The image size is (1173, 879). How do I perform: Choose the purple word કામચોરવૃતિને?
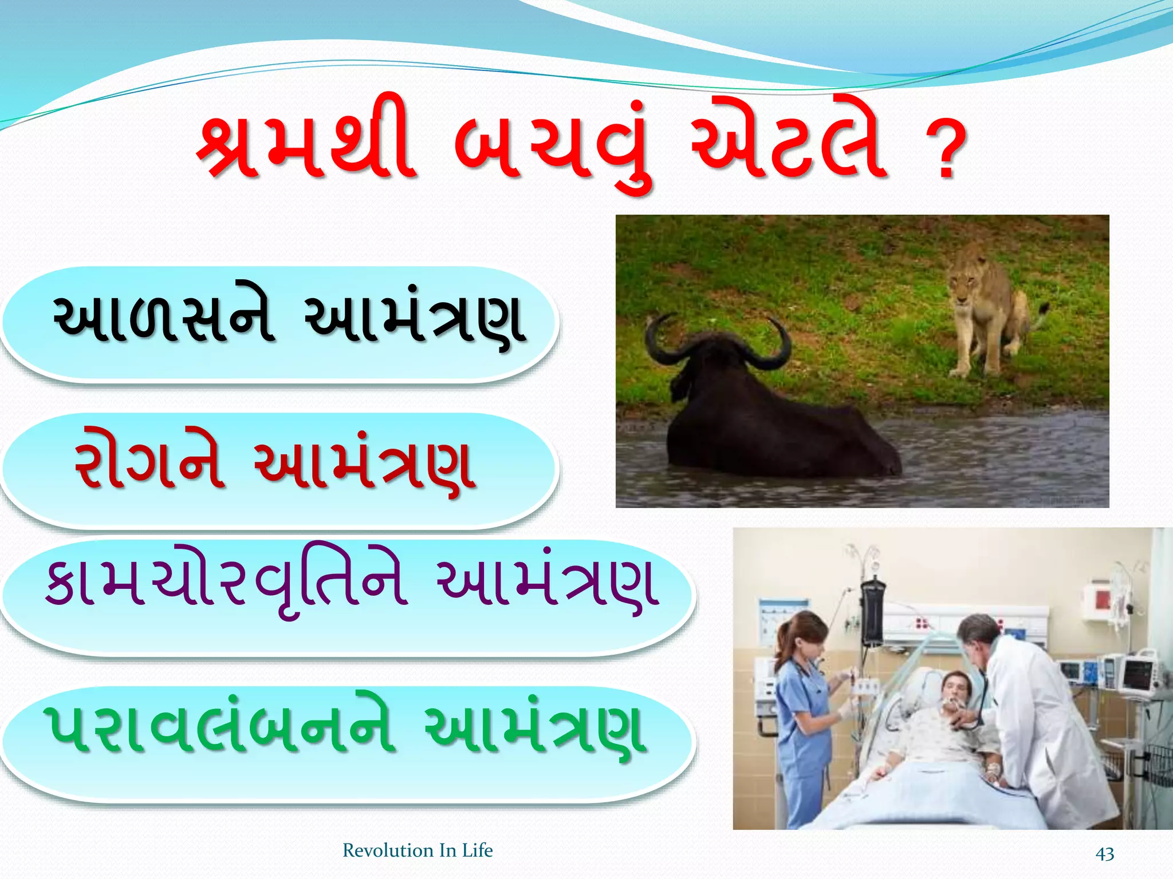[226, 584]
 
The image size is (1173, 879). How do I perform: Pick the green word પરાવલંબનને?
[221, 730]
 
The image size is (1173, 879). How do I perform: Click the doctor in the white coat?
[1031, 715]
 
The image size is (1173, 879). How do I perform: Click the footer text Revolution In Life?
[418, 850]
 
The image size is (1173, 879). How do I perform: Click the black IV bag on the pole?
[873, 609]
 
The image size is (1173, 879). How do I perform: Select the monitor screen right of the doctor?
[1137, 675]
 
